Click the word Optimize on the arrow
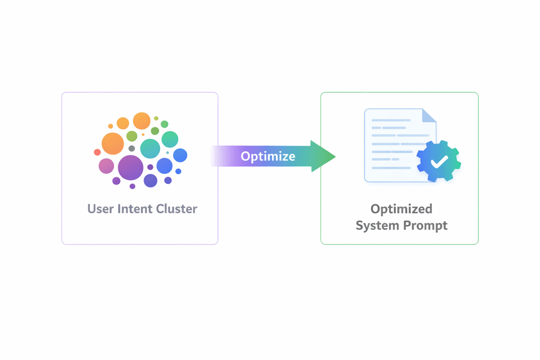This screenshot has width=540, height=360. (x=268, y=156)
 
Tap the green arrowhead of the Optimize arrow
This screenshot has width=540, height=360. (x=322, y=156)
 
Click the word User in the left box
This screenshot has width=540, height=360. (x=100, y=208)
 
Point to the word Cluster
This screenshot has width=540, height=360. (x=177, y=208)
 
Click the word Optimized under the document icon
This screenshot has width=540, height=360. (x=401, y=208)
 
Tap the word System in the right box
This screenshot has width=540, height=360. (x=378, y=225)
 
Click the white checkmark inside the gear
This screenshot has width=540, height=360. (x=439, y=161)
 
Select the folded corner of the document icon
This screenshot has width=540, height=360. (x=429, y=115)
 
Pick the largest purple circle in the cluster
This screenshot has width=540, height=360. (x=130, y=167)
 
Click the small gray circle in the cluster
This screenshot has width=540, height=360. (x=131, y=148)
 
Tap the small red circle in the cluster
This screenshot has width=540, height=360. (x=97, y=152)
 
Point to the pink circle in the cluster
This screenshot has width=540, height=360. (x=106, y=165)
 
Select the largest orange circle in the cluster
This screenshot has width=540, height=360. (x=112, y=143)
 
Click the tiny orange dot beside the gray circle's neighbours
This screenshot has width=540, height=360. (x=143, y=134)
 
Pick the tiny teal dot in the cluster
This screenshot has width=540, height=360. (x=167, y=152)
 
